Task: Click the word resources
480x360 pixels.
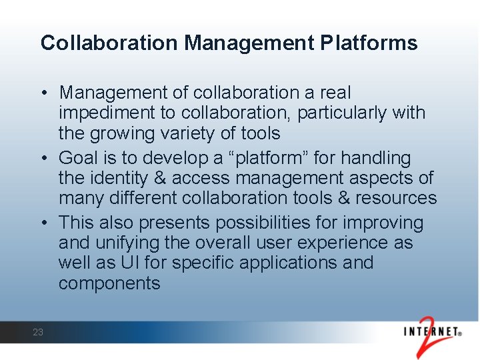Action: pyautogui.click(x=395, y=199)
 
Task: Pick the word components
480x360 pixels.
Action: pyautogui.click(x=109, y=283)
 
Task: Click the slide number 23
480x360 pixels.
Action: pyautogui.click(x=38, y=332)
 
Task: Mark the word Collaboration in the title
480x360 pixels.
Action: pyautogui.click(x=109, y=43)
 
